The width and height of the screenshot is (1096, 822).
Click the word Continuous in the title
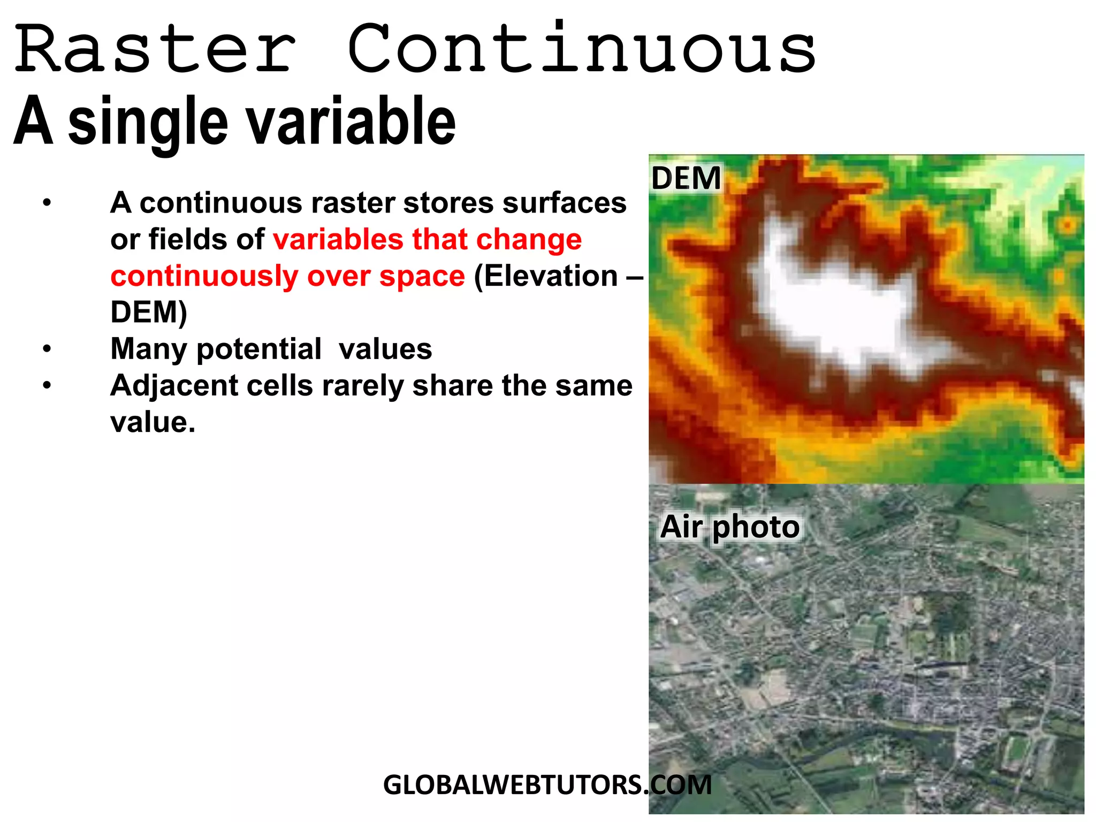click(581, 49)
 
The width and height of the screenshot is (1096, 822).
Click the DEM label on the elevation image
click(686, 178)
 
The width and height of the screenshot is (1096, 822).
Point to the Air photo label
click(729, 527)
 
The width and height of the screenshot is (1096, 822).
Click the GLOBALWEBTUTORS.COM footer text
click(547, 785)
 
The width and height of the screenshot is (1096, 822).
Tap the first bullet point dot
click(48, 203)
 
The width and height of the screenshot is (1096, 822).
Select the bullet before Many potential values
click(48, 349)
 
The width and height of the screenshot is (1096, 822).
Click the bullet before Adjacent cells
click(48, 386)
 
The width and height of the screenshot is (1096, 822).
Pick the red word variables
click(338, 239)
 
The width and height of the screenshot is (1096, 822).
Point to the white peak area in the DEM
click(840, 310)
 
